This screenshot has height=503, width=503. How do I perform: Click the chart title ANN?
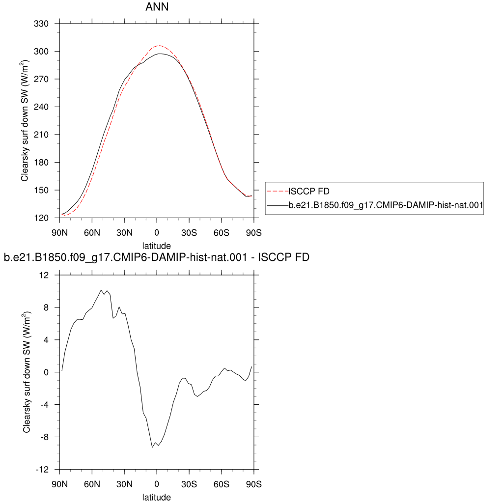tap(157, 7)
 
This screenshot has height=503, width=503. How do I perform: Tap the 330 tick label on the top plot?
tap(41, 24)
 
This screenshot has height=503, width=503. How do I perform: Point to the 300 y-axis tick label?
tap(41, 51)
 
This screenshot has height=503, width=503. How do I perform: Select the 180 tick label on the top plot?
tap(41, 162)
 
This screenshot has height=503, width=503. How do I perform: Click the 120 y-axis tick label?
tap(41, 218)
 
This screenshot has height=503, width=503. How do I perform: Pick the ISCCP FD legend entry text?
tap(309, 191)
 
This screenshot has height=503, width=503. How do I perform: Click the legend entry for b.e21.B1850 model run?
tap(386, 205)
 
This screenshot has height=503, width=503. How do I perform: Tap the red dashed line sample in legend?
tap(278, 191)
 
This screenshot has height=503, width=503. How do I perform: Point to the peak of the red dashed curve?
tap(159, 46)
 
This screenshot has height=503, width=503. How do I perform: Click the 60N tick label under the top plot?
tap(92, 233)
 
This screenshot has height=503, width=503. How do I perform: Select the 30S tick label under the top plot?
tap(189, 233)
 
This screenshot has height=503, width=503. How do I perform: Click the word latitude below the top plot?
tap(157, 246)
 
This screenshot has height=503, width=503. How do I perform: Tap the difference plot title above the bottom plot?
tap(157, 257)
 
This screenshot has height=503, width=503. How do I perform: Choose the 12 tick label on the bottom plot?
tap(44, 275)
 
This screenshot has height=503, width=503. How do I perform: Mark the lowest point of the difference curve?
tap(152, 447)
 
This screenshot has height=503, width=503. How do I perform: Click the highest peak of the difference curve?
tap(101, 290)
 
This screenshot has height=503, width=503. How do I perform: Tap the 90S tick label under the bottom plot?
tap(254, 484)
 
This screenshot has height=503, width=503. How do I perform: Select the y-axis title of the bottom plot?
tap(27, 372)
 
